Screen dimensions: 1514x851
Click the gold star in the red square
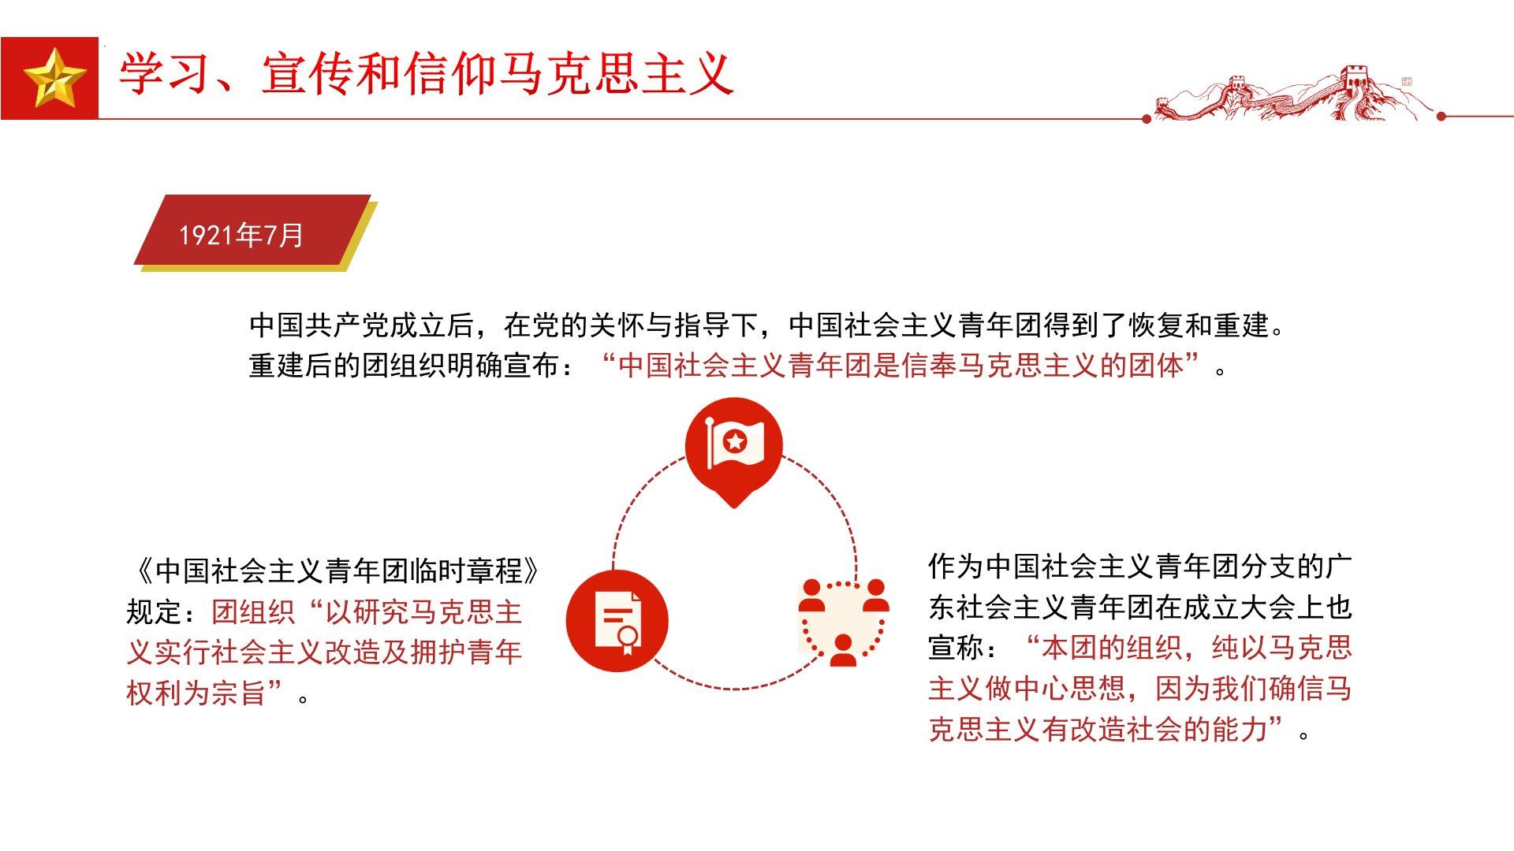tap(54, 78)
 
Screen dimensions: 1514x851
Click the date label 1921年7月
tap(241, 235)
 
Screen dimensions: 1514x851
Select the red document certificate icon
tap(617, 621)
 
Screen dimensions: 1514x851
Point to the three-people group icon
tap(844, 622)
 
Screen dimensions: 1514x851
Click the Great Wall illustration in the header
tap(1293, 95)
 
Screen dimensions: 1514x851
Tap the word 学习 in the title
tap(166, 76)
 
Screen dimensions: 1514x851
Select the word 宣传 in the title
tap(308, 76)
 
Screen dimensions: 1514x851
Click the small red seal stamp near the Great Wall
tap(1407, 82)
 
